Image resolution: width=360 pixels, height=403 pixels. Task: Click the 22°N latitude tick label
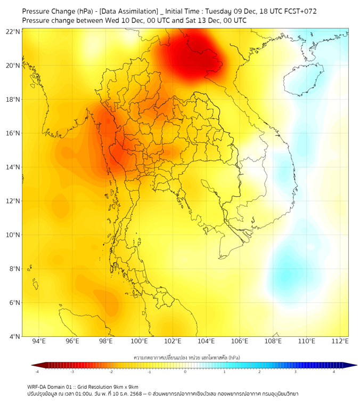click(x=13, y=31)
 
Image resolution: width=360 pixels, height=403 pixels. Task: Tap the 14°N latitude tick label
click(x=13, y=167)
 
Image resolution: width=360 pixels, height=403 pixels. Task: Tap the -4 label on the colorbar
click(x=37, y=372)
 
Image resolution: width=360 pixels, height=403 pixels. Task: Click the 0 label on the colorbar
click(x=185, y=372)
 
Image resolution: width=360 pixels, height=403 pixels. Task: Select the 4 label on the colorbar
click(x=334, y=372)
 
